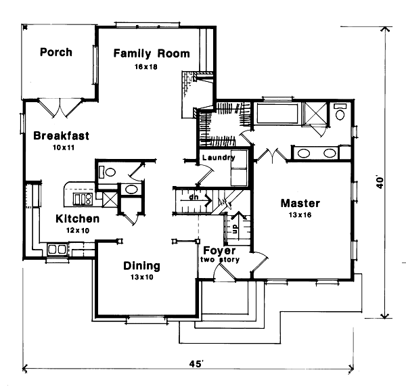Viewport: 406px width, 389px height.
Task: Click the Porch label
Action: click(55, 52)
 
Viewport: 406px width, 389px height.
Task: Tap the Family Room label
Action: click(152, 53)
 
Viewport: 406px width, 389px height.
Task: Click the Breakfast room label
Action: click(61, 135)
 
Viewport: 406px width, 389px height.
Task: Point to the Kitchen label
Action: click(78, 219)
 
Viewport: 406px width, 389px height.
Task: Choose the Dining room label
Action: click(141, 265)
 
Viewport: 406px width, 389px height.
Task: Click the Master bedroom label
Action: click(300, 203)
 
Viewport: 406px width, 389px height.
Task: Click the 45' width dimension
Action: click(196, 365)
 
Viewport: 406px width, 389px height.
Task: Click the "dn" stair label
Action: click(194, 198)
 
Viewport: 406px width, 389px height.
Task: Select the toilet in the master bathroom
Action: click(340, 111)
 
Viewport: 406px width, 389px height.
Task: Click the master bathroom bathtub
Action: click(278, 112)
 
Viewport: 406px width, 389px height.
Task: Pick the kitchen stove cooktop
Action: click(83, 198)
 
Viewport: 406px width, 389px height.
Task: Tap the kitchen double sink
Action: click(56, 250)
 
